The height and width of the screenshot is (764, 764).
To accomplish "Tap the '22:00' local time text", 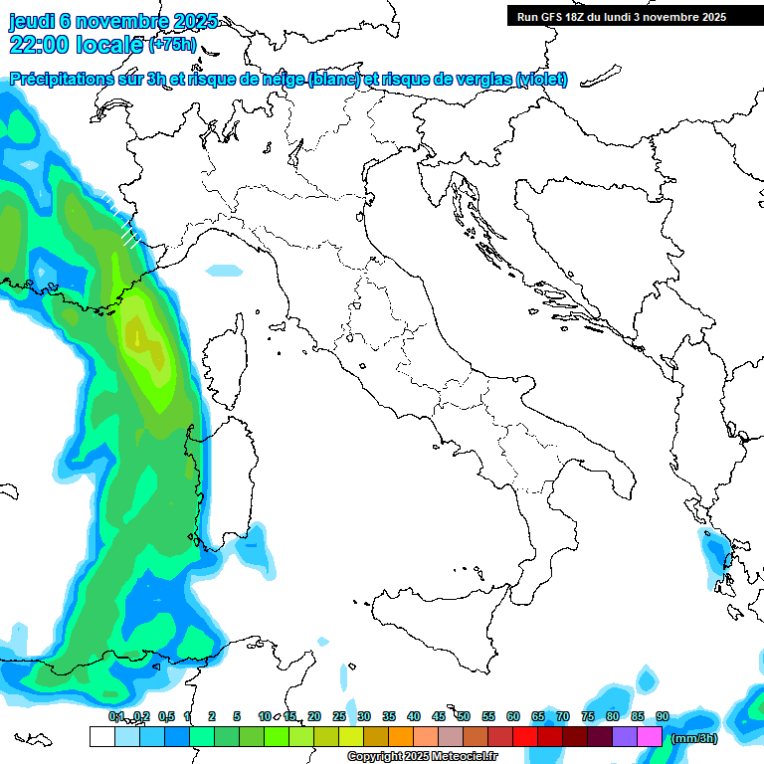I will pos(39,45).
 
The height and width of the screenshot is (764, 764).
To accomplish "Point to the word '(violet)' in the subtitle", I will pos(542,80).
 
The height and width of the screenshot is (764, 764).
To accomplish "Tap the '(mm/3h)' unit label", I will pos(694,737).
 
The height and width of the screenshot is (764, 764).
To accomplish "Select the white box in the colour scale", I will pos(101,737).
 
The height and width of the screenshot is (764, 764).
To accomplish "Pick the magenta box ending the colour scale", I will pos(650,737).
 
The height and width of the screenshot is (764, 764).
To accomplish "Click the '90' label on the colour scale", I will pos(663,716).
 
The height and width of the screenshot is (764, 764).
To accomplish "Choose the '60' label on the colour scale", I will pos(513,716).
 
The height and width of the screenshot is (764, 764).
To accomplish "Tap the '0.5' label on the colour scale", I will pos(165,716).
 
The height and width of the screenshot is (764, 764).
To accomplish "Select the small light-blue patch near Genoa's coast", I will pos(224,270).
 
